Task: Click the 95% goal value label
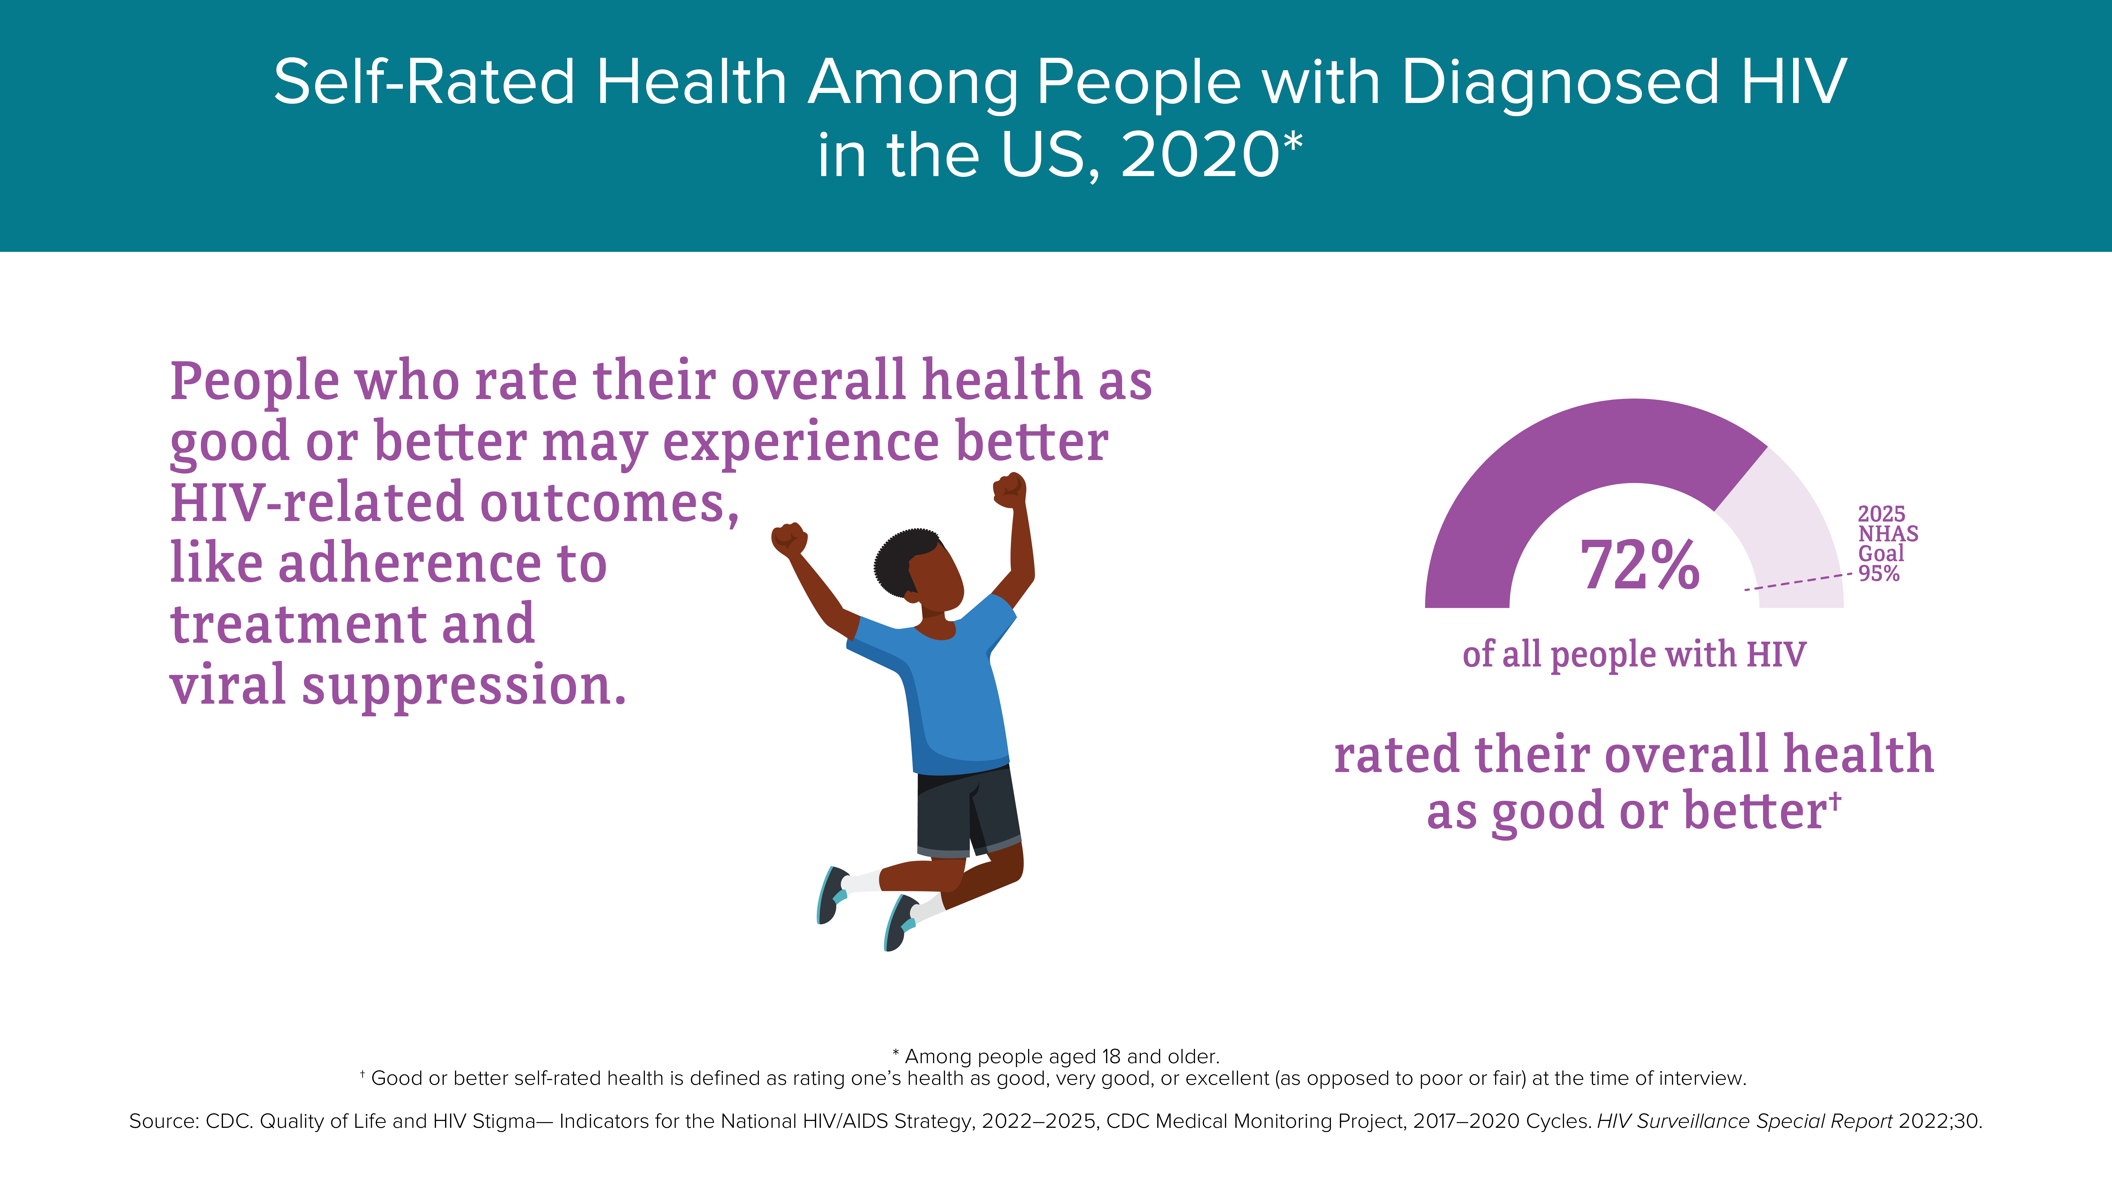(1878, 573)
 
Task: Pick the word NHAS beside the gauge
(1887, 534)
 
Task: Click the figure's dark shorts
(967, 812)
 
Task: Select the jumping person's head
(918, 570)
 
